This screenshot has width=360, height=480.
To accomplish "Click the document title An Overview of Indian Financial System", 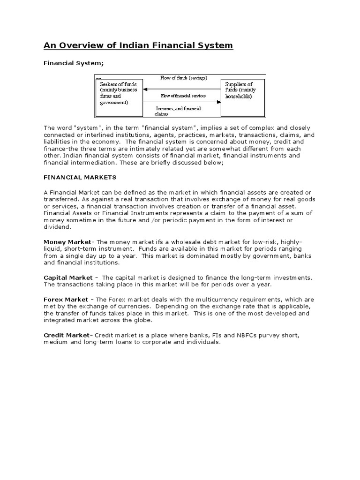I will coord(138,45).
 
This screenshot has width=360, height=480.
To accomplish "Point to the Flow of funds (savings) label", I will coord(183,78).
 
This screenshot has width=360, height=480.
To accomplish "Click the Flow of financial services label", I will coord(183,96).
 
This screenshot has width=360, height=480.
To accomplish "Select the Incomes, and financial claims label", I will coord(178,111).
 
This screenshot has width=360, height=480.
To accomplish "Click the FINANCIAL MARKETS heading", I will coord(73,178).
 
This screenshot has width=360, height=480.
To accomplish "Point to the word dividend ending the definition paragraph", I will coord(58,226).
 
